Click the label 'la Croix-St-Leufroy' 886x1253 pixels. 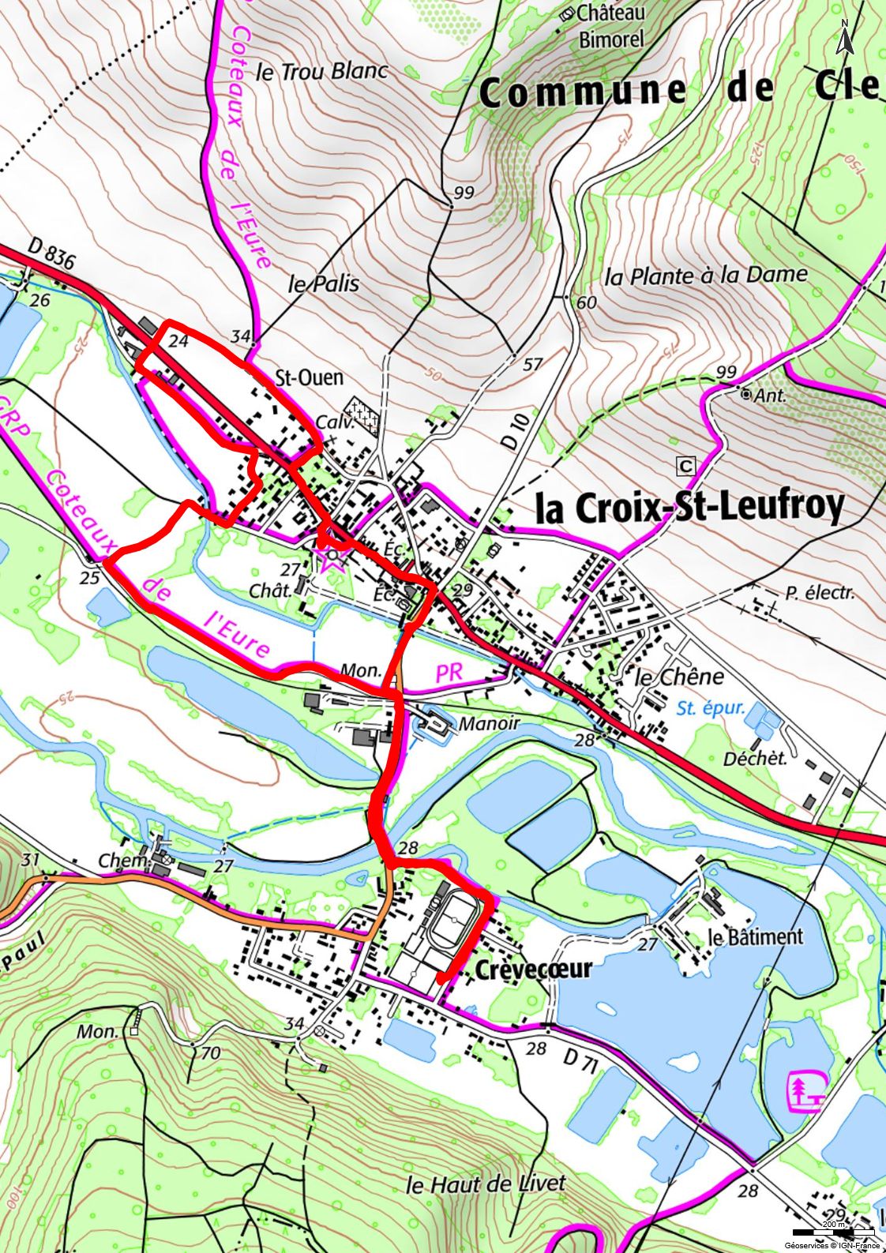[689, 508]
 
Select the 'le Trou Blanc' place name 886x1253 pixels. [322, 72]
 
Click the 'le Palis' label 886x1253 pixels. [323, 284]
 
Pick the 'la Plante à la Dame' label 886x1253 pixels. [706, 276]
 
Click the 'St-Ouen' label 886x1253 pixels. [309, 377]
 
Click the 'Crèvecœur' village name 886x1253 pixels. [533, 969]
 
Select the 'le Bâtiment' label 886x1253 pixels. [755, 937]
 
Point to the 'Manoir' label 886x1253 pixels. [489, 723]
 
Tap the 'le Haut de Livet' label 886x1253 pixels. [486, 1184]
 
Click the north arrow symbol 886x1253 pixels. [844, 37]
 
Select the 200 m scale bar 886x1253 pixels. [833, 1232]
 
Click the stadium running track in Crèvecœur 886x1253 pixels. [453, 920]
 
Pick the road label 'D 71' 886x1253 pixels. [579, 1063]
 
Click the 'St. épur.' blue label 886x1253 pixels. [710, 708]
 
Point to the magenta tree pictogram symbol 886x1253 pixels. [805, 1091]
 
